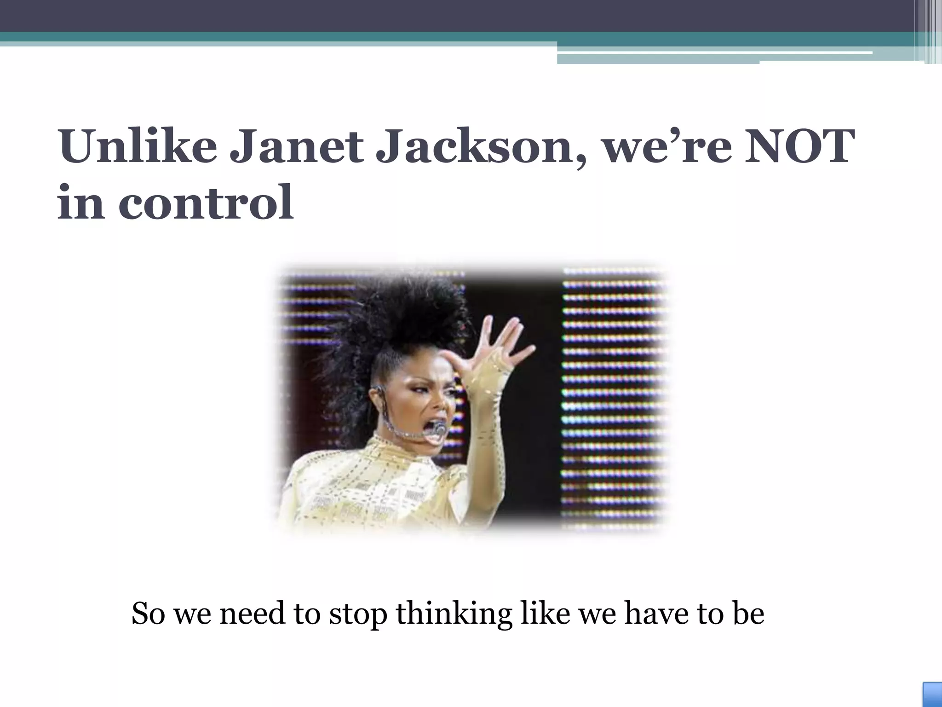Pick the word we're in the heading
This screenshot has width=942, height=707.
(x=667, y=147)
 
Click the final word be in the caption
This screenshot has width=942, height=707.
(x=748, y=613)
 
